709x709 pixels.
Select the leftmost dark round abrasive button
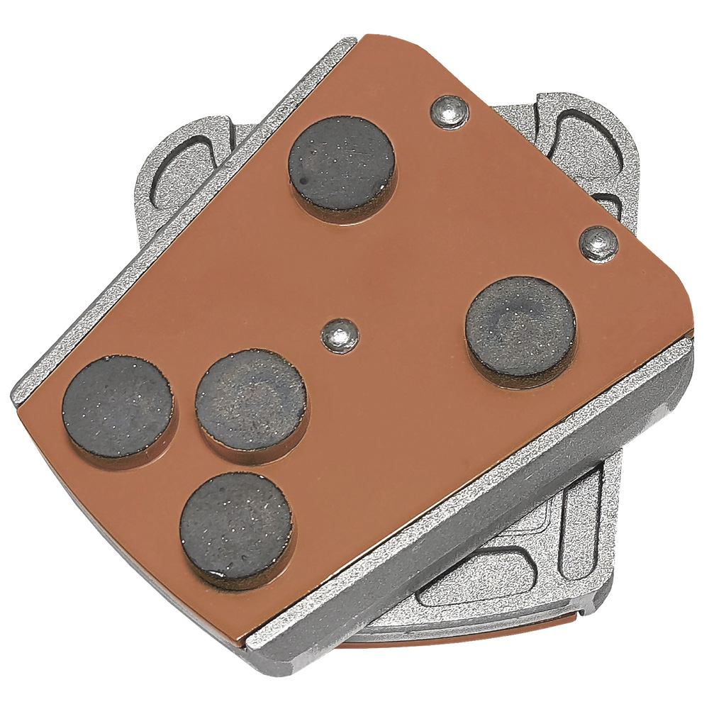point(118,406)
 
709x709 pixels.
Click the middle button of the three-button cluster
point(251,401)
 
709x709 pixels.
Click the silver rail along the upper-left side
point(177,213)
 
